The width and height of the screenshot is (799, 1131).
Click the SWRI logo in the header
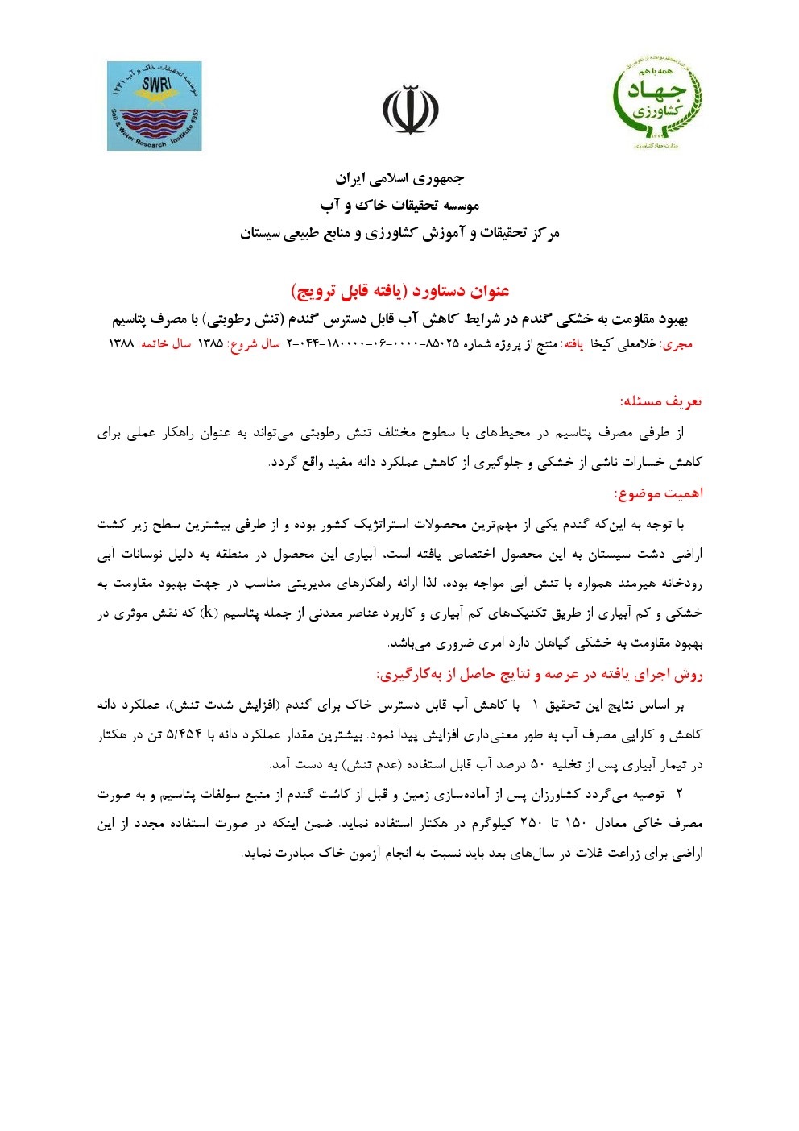click(x=154, y=106)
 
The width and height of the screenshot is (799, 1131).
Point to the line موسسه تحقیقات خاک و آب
click(x=399, y=206)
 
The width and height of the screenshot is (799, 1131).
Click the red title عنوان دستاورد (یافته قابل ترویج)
click(x=399, y=291)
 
